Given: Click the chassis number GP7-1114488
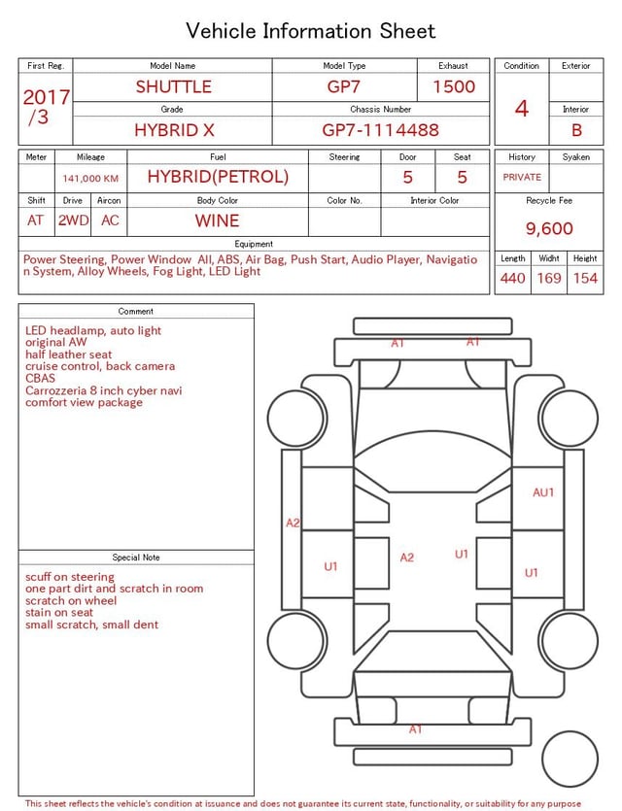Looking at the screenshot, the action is pyautogui.click(x=380, y=130).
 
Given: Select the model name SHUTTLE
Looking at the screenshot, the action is pyautogui.click(x=173, y=86).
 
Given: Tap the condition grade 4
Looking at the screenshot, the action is pyautogui.click(x=522, y=109).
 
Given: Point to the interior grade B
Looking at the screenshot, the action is pyautogui.click(x=576, y=130).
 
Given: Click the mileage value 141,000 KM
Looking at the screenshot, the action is pyautogui.click(x=90, y=179).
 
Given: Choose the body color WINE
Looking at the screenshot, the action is pyautogui.click(x=217, y=220).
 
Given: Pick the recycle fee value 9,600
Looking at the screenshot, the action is pyautogui.click(x=549, y=228).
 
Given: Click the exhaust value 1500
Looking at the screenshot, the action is pyautogui.click(x=454, y=86).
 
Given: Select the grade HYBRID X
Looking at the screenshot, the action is pyautogui.click(x=174, y=130).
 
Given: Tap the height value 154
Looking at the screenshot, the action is pyautogui.click(x=585, y=278).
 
